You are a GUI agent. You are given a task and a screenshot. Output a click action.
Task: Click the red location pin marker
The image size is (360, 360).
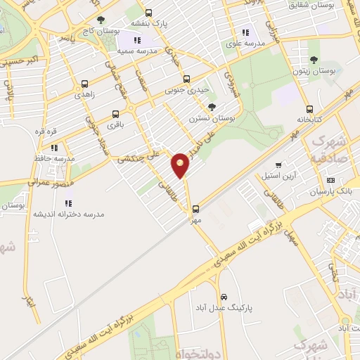(x=181, y=165)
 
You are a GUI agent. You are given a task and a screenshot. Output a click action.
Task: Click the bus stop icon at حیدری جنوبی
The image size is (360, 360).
(x=186, y=79)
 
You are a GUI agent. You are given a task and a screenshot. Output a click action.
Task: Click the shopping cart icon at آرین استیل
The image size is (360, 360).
(x=279, y=165)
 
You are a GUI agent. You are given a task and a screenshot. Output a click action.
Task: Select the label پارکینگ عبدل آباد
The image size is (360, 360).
(x=224, y=308)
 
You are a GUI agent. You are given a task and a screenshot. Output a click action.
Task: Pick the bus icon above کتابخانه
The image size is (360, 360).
(x=310, y=108)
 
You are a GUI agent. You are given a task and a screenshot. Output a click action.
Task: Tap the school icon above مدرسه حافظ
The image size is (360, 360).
(x=54, y=148)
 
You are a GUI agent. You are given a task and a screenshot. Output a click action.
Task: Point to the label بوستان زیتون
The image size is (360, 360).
(x=314, y=72)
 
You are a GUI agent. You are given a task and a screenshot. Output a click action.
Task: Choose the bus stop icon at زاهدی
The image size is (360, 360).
(x=85, y=82)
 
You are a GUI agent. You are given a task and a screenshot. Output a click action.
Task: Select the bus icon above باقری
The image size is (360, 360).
(x=115, y=112)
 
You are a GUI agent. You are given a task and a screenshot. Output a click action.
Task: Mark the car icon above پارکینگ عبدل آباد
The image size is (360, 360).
(x=224, y=297)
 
